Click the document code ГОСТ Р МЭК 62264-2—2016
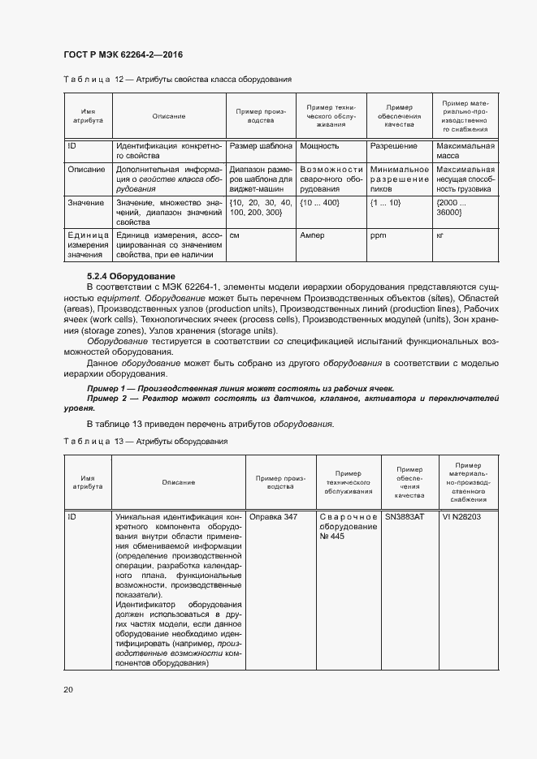[122, 54]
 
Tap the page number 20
[68, 689]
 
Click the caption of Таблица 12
[177, 80]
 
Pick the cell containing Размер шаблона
[260, 146]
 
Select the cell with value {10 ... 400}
[319, 201]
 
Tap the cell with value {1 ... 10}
[385, 201]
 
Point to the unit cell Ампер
[313, 235]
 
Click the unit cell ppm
[377, 235]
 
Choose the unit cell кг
[440, 235]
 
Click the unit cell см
[235, 235]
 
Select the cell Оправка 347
[273, 516]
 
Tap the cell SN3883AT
[405, 516]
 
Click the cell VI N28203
[461, 516]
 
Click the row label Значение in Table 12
[85, 201]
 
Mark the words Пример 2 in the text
[107, 399]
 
